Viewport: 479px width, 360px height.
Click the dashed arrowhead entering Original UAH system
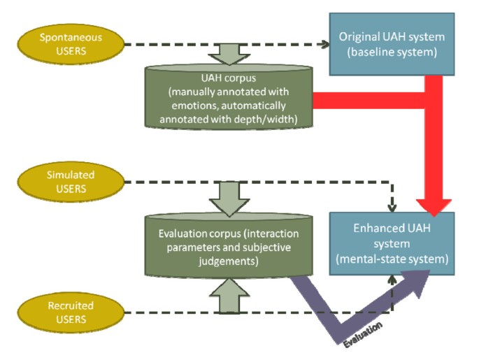(x=327, y=43)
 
